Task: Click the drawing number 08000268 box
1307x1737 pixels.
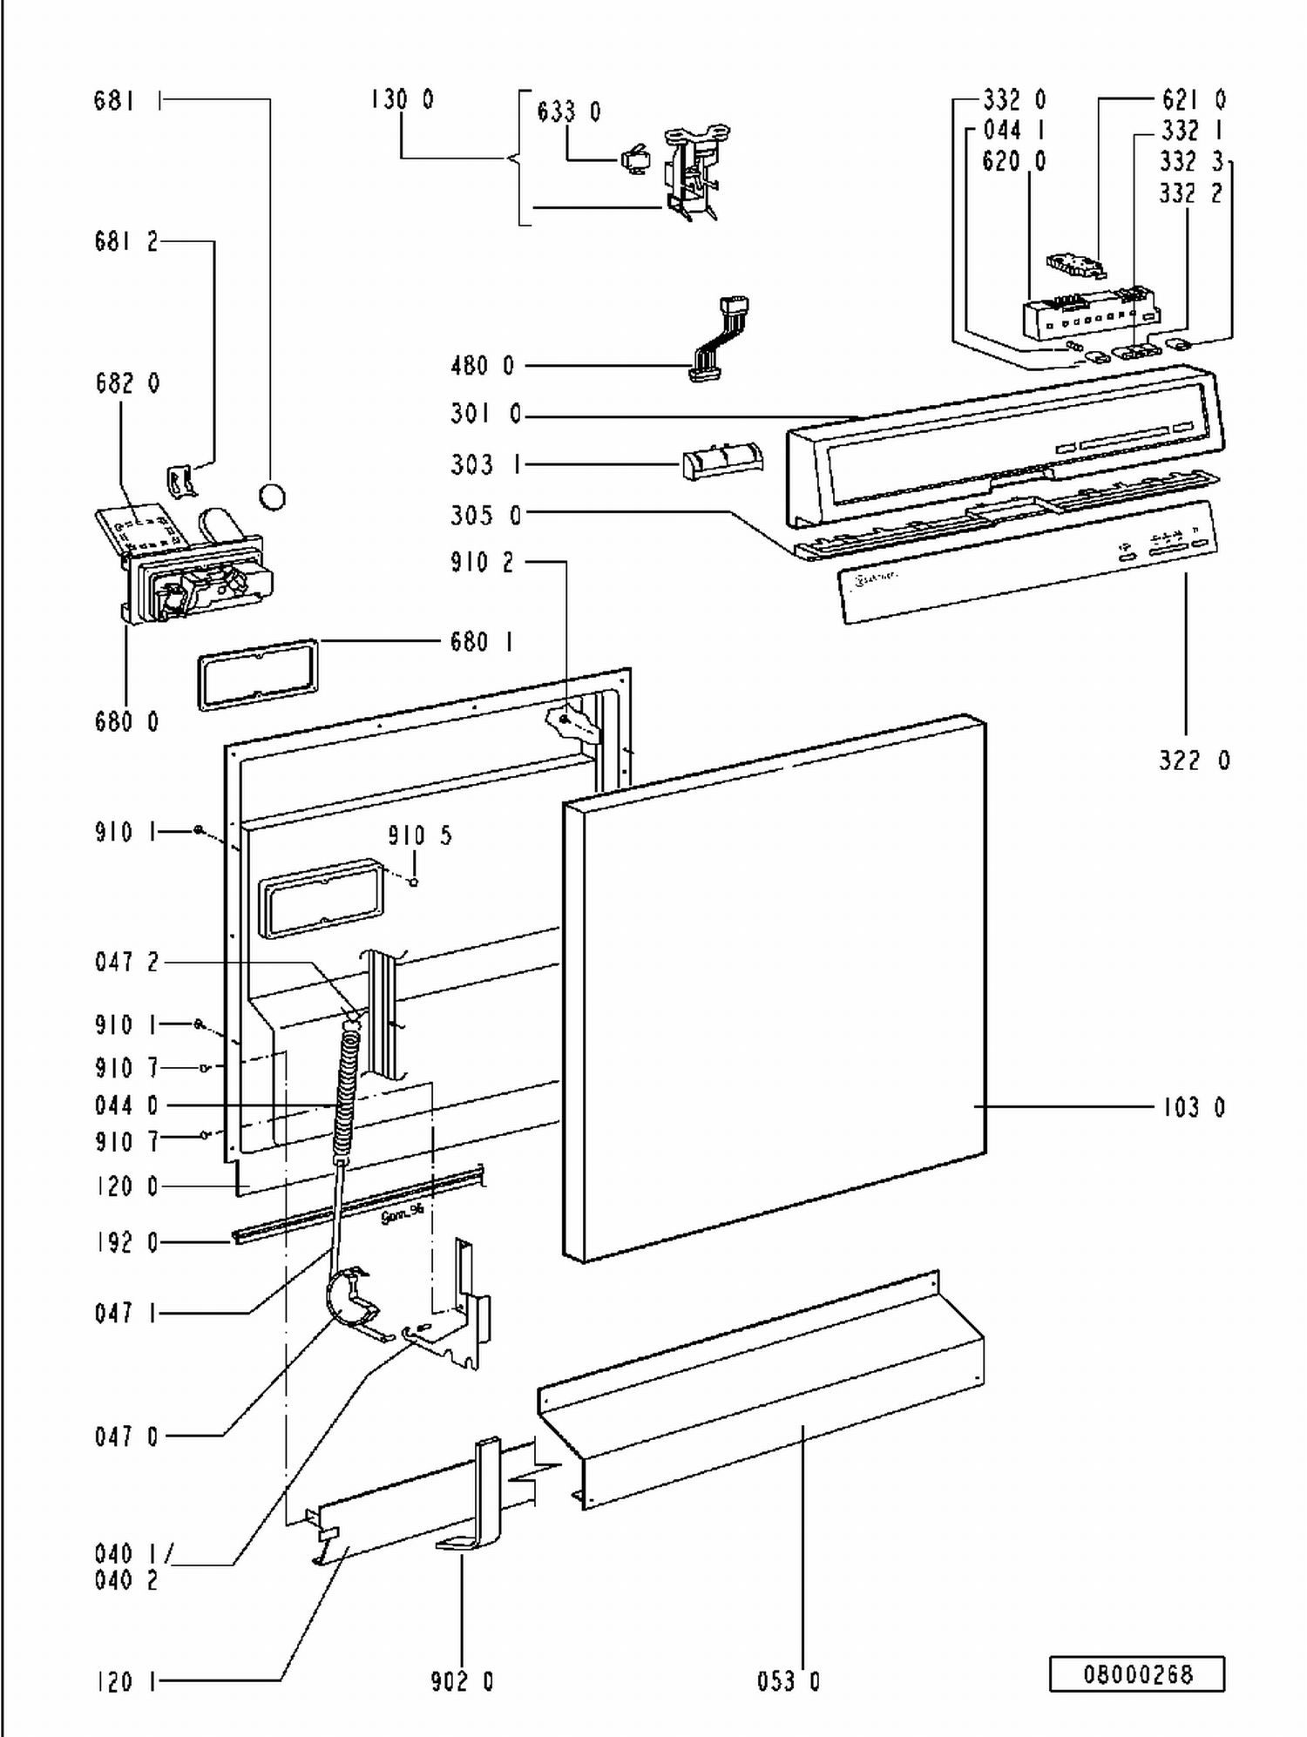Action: click(1136, 1673)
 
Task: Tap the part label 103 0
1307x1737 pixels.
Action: click(1194, 1107)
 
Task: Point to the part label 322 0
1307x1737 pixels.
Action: click(1194, 760)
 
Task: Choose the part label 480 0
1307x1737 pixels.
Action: click(482, 366)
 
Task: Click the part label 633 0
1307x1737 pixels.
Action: click(568, 112)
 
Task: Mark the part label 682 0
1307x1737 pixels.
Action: click(127, 383)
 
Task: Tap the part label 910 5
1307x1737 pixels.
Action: click(420, 835)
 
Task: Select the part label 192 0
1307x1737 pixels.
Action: click(126, 1242)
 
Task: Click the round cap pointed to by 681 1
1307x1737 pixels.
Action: click(273, 497)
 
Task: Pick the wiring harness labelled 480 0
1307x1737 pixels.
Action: click(719, 340)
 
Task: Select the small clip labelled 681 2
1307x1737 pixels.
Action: click(180, 481)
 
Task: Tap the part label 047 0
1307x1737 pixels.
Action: click(126, 1436)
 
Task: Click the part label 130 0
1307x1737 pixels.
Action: click(402, 100)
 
